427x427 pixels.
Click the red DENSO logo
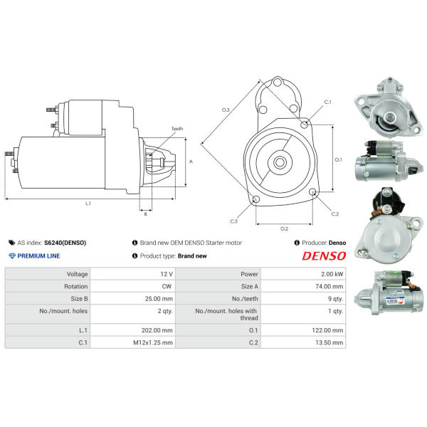[x=324, y=256]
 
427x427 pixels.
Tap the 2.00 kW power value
[x=332, y=274]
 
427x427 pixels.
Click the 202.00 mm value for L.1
[x=157, y=330]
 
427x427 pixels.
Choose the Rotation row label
[x=76, y=287]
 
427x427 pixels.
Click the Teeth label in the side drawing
[x=177, y=129]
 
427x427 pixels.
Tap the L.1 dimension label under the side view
[x=88, y=204]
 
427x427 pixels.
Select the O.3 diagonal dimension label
[x=226, y=110]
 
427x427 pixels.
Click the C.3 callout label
[x=233, y=221]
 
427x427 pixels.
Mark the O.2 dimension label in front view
[x=284, y=228]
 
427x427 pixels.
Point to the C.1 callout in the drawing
[x=327, y=102]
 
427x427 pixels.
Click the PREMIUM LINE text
[x=38, y=256]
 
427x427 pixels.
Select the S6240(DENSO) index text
[x=65, y=243]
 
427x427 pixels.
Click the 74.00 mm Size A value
[x=330, y=287]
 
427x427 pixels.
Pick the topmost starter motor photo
[x=389, y=107]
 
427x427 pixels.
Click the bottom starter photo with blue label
[x=389, y=292]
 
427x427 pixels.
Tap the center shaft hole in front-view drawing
[x=280, y=162]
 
